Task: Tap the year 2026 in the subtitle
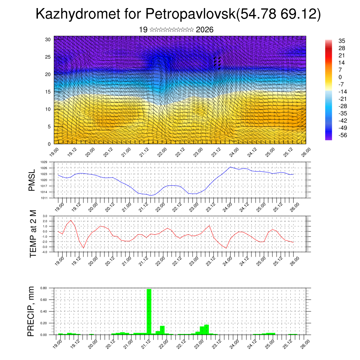(205, 30)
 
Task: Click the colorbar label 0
(340, 77)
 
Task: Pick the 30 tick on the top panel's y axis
(48, 39)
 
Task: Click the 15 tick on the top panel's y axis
(48, 92)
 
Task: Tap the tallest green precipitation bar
(149, 311)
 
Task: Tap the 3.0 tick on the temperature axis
(45, 216)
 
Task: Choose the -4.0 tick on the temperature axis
(45, 252)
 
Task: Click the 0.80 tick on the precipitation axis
(43, 288)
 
